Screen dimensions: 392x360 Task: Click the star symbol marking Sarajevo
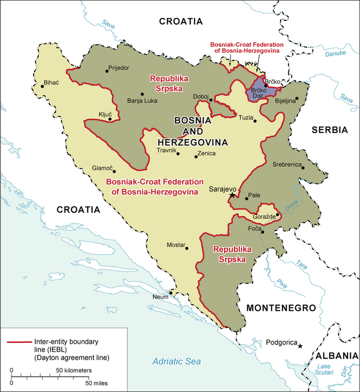232,194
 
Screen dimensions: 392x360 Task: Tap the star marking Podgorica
300,345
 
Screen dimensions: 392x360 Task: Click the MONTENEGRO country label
282,308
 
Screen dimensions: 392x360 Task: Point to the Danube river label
334,53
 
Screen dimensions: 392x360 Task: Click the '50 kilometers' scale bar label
74,370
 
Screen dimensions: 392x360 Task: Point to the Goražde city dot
278,214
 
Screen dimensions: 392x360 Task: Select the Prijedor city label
119,68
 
